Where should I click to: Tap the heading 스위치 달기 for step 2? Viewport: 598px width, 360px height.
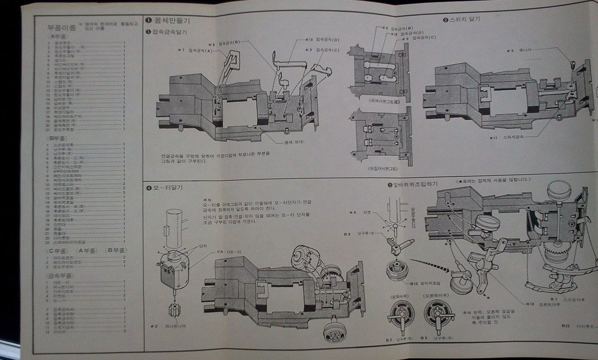(x=465, y=19)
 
